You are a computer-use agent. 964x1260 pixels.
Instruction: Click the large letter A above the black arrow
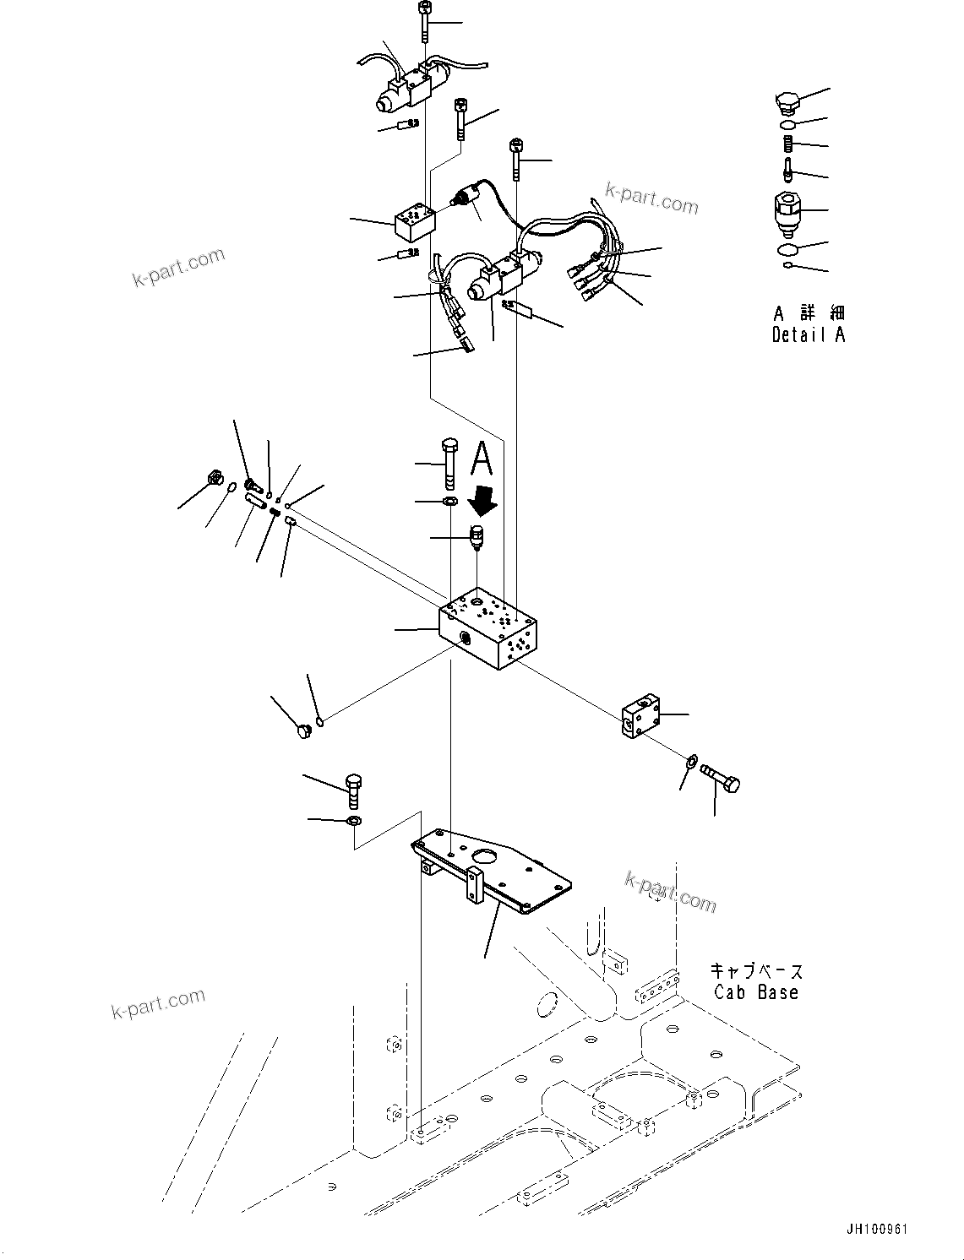pos(481,459)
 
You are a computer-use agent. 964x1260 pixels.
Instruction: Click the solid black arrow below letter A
pos(483,502)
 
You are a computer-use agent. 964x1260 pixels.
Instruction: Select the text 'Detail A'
pos(808,334)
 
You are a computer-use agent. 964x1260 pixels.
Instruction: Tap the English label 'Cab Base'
pos(755,992)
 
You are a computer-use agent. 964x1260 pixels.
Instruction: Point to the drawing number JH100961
pos(874,1230)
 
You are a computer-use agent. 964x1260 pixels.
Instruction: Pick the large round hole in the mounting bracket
pos(487,859)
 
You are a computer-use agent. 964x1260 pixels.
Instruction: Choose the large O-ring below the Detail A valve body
pos(787,249)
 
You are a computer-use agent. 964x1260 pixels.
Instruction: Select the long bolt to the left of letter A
pos(448,464)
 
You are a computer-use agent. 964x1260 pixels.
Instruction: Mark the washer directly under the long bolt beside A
pos(450,502)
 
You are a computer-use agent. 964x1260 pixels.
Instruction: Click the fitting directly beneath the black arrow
pos(477,536)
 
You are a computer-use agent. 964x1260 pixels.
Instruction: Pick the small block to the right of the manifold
pos(642,716)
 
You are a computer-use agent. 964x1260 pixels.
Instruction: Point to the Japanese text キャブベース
pos(755,971)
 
